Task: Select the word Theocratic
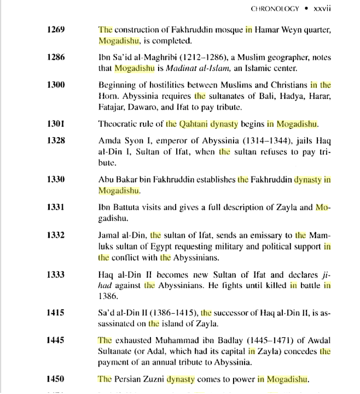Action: (119, 124)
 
